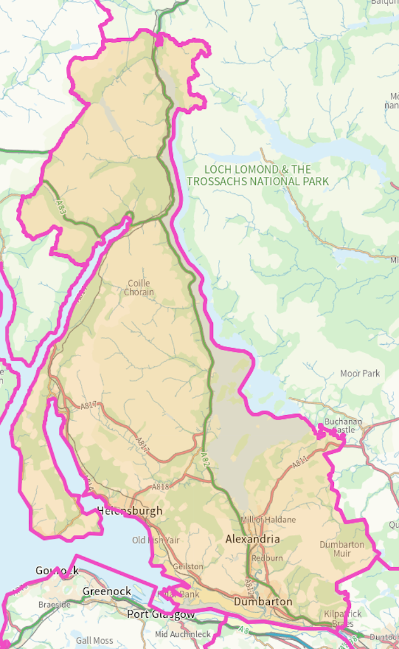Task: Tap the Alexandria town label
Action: tap(253, 539)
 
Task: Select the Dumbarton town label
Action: tap(263, 601)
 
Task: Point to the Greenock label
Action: tap(106, 591)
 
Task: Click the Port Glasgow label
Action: tap(161, 614)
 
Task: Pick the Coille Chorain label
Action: tap(139, 288)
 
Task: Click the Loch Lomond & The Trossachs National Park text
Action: tap(258, 176)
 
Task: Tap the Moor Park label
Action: tap(360, 373)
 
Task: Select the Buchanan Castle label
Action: tap(343, 425)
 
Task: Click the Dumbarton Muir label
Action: tap(342, 549)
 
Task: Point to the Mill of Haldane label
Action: tap(268, 520)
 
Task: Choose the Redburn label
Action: tap(267, 558)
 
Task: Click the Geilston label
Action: tap(188, 567)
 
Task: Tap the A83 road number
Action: tap(60, 206)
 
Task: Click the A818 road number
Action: tap(160, 487)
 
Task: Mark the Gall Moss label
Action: tap(94, 641)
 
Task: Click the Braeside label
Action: tap(54, 605)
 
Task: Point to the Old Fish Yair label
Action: tap(156, 540)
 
